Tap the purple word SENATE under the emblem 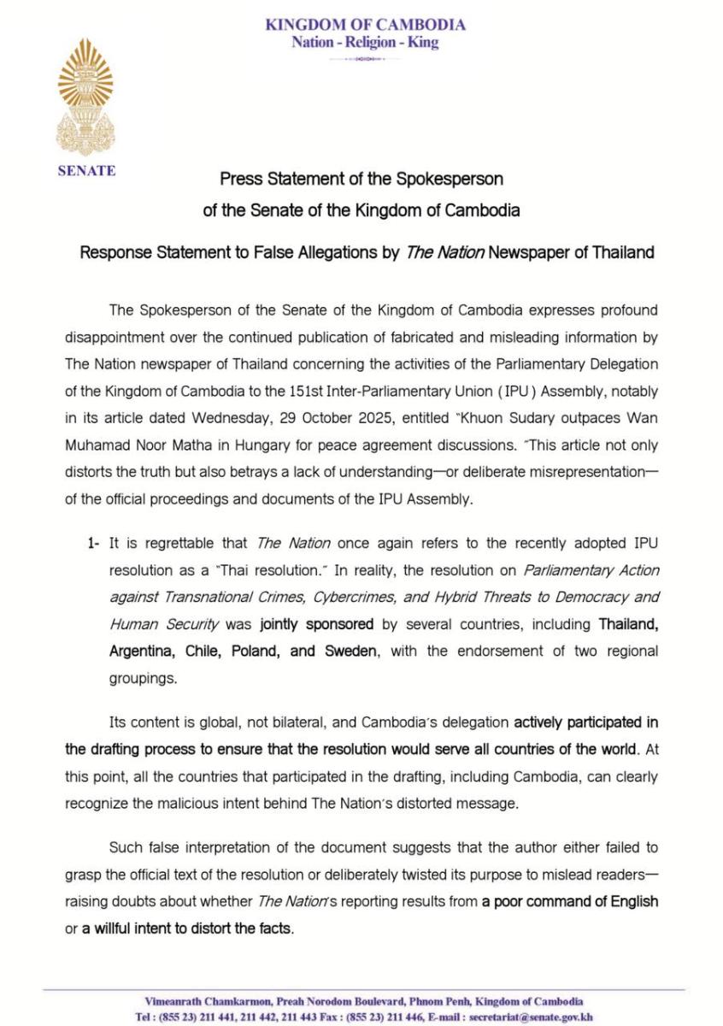[86, 170]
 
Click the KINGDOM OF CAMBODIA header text [366, 24]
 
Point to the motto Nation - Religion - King [365, 42]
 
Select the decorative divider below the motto [365, 59]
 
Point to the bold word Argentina [143, 651]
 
